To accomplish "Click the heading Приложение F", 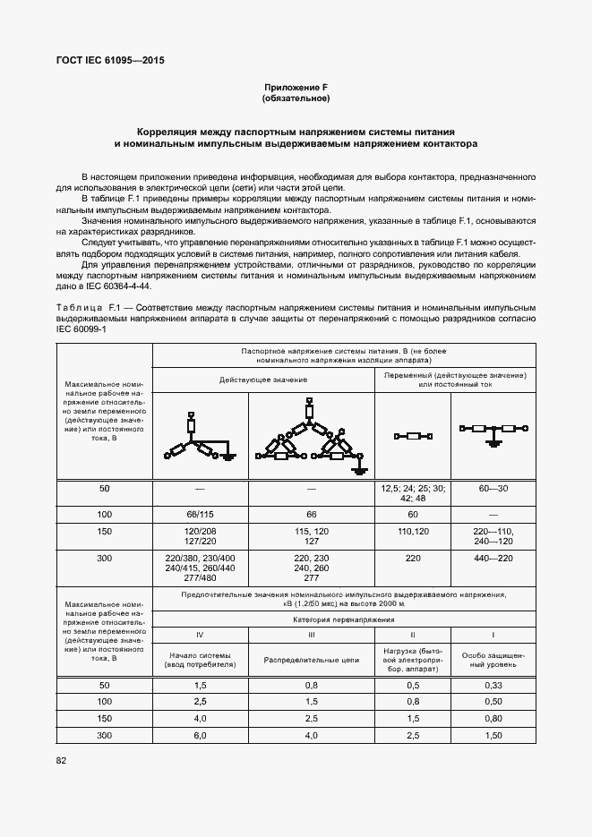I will (x=296, y=87).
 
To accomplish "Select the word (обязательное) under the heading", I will (x=296, y=98).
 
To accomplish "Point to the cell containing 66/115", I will (x=200, y=516).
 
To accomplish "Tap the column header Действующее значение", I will (x=264, y=380).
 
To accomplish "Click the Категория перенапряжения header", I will (x=345, y=619).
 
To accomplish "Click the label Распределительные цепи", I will (x=311, y=659).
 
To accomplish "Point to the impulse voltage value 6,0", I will (x=199, y=735).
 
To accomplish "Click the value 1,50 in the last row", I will (x=494, y=735).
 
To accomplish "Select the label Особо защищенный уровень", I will (x=494, y=659).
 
